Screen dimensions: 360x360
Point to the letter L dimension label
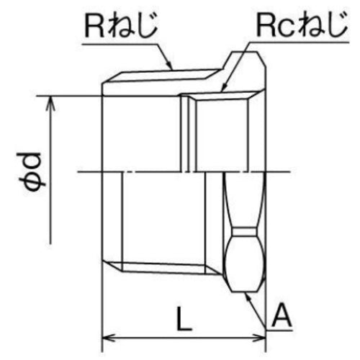click(185, 317)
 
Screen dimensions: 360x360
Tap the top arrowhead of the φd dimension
click(50, 101)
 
